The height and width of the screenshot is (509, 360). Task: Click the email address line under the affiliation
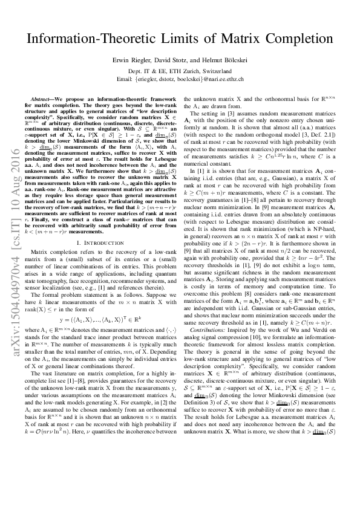coord(180,79)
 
